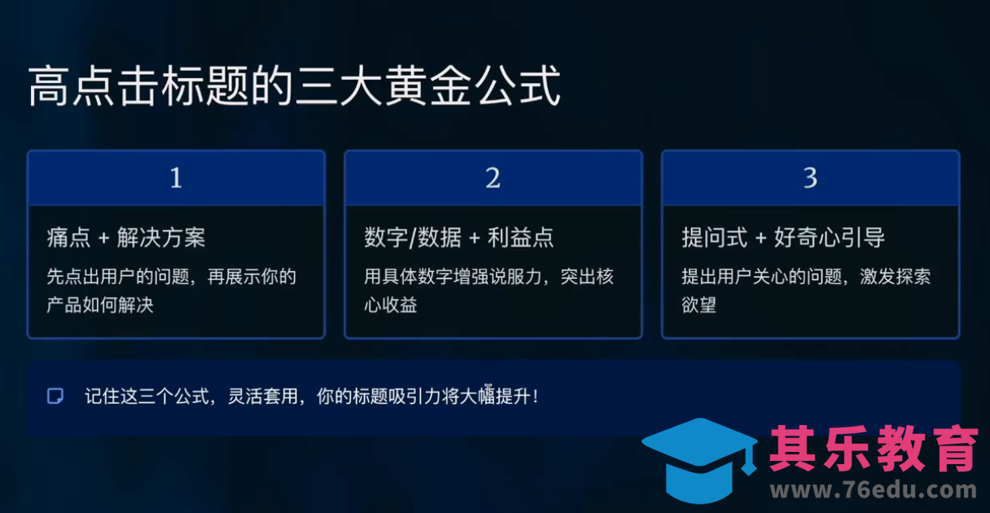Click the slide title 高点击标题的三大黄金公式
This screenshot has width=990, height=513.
[295, 86]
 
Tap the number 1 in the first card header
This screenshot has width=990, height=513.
[176, 178]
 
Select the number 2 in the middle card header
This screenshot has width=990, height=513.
[493, 178]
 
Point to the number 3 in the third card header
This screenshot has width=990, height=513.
[810, 178]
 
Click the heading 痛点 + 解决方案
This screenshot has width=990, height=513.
[126, 238]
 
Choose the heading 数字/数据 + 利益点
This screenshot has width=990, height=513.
[458, 238]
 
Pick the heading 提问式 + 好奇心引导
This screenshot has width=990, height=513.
[783, 238]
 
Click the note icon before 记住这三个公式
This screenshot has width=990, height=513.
[55, 397]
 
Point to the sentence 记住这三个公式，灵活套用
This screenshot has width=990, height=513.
[311, 397]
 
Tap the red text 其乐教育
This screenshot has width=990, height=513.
[874, 449]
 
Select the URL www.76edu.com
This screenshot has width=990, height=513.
[874, 491]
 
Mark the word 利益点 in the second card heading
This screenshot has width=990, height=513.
[521, 238]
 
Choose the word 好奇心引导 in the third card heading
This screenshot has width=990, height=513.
[829, 238]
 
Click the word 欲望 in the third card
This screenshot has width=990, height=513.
[699, 306]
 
